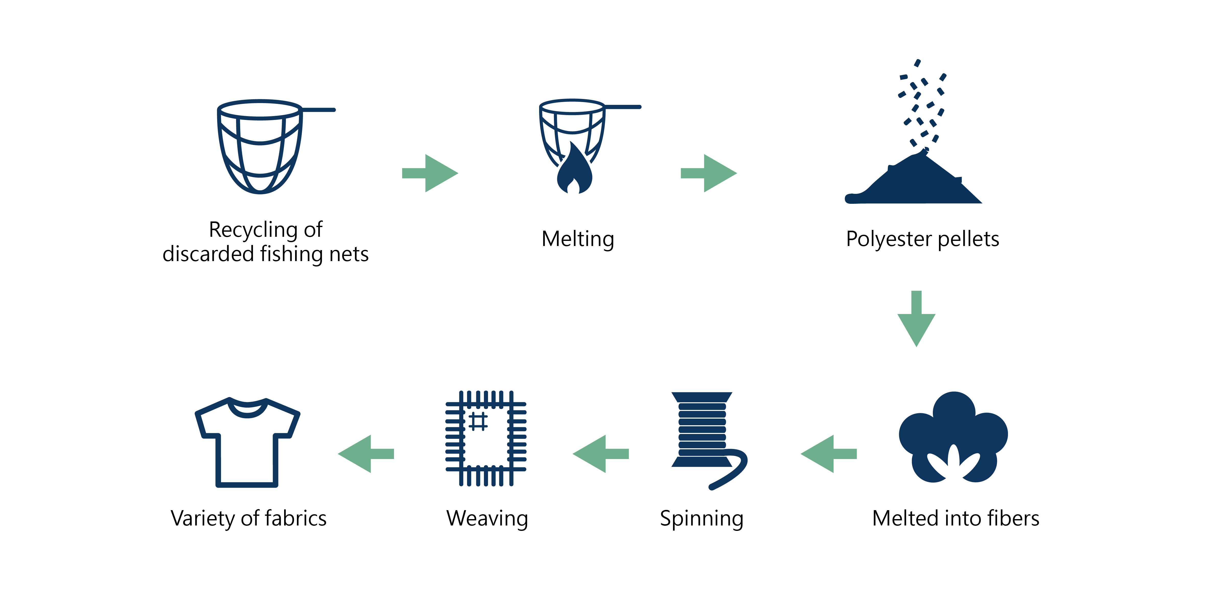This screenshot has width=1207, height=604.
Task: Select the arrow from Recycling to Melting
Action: click(430, 173)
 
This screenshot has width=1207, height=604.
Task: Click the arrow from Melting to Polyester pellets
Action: click(709, 173)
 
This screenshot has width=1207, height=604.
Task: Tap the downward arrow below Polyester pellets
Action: click(916, 319)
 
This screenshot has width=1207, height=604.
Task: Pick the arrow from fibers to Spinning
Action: click(828, 453)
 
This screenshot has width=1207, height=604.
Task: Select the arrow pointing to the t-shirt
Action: click(366, 453)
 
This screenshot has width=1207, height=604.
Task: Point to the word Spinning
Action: click(701, 519)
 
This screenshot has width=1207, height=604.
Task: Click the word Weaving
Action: click(487, 519)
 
